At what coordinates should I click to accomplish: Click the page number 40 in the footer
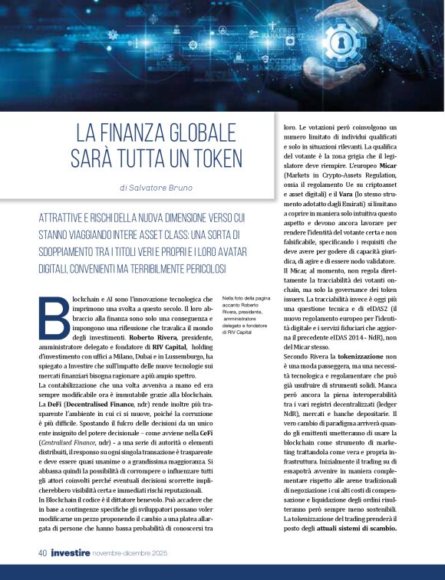pos(42,552)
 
